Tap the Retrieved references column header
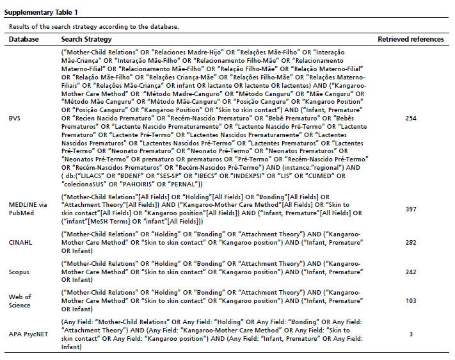click(x=410, y=40)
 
